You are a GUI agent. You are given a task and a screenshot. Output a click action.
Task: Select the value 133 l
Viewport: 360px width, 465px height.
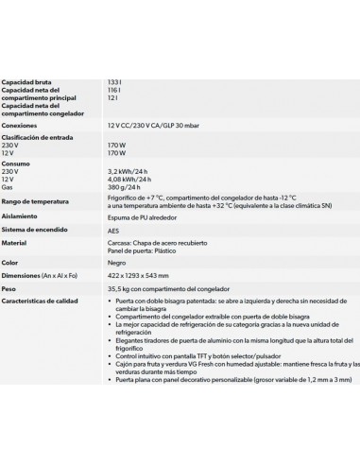(115, 82)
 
